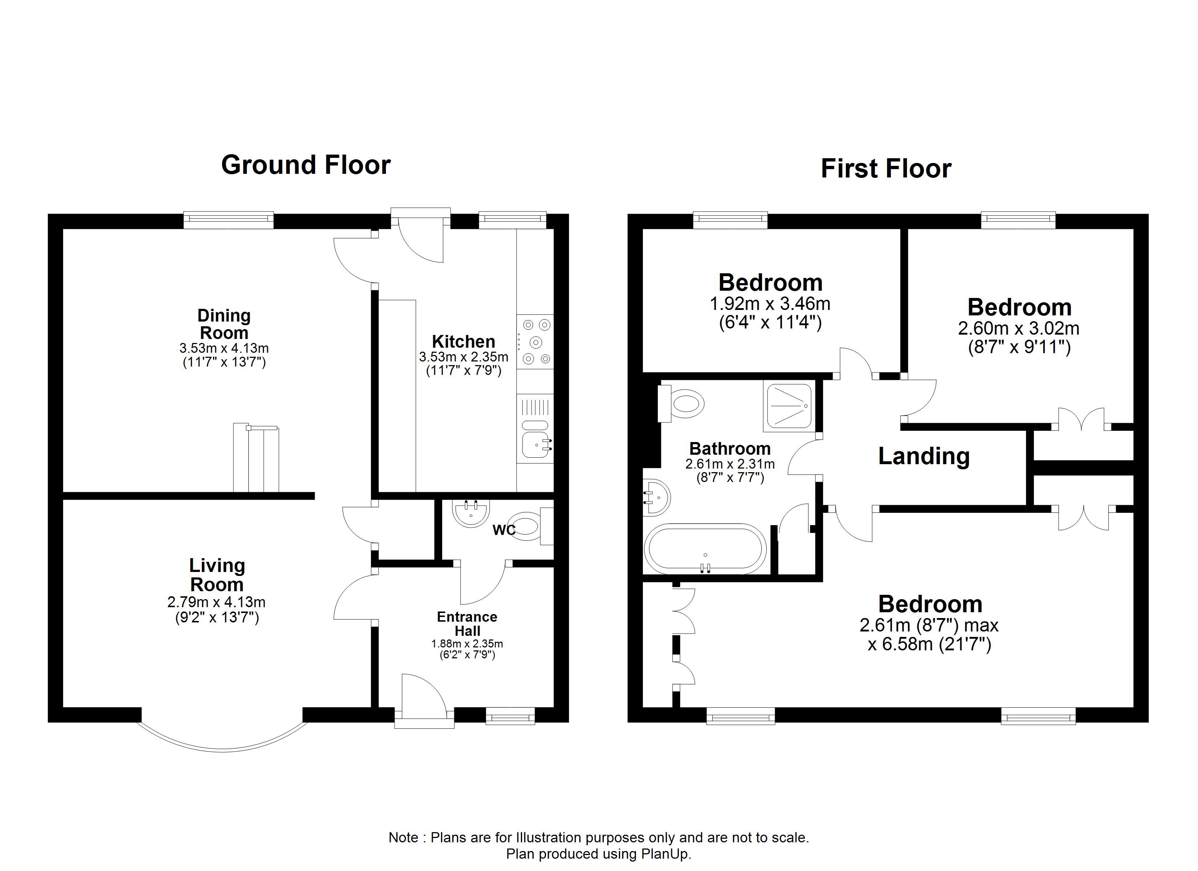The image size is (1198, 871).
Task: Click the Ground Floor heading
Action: [306, 165]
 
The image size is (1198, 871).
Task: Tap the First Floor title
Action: [886, 168]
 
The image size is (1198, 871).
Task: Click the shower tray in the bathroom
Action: [787, 406]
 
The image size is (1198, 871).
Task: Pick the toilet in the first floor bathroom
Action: [681, 404]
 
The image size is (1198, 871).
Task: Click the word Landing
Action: [924, 456]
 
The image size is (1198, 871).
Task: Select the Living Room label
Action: [217, 575]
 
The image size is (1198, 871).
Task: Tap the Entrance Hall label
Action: [467, 624]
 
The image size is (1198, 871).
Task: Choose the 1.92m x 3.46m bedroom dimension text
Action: [770, 304]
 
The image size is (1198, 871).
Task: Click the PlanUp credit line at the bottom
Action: [599, 854]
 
